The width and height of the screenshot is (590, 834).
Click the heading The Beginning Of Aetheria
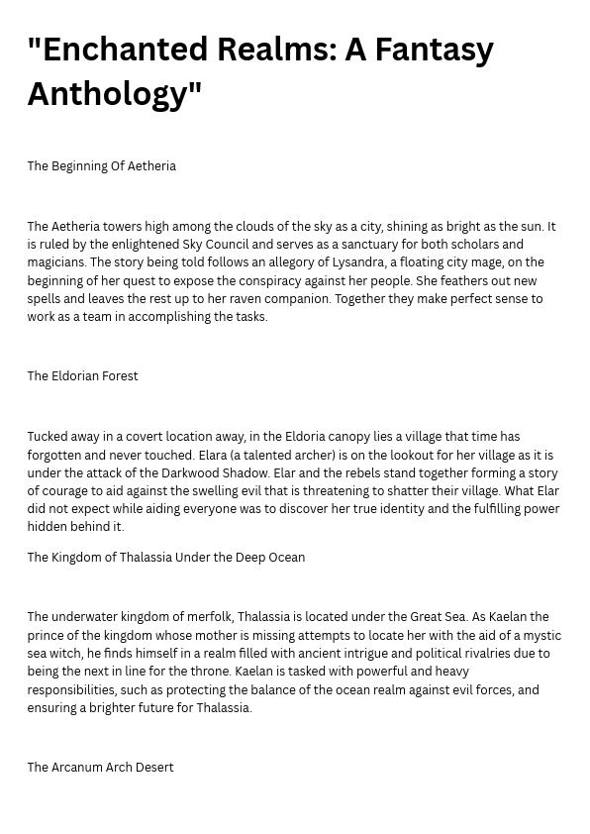pyautogui.click(x=101, y=165)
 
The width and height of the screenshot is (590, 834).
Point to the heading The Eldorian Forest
pyautogui.click(x=82, y=375)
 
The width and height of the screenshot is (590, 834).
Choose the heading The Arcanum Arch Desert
pyautogui.click(x=100, y=767)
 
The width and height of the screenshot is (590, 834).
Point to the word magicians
pyautogui.click(x=55, y=262)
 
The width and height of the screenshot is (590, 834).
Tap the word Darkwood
pyautogui.click(x=192, y=472)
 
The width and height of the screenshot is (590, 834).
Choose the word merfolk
pyautogui.click(x=207, y=617)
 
